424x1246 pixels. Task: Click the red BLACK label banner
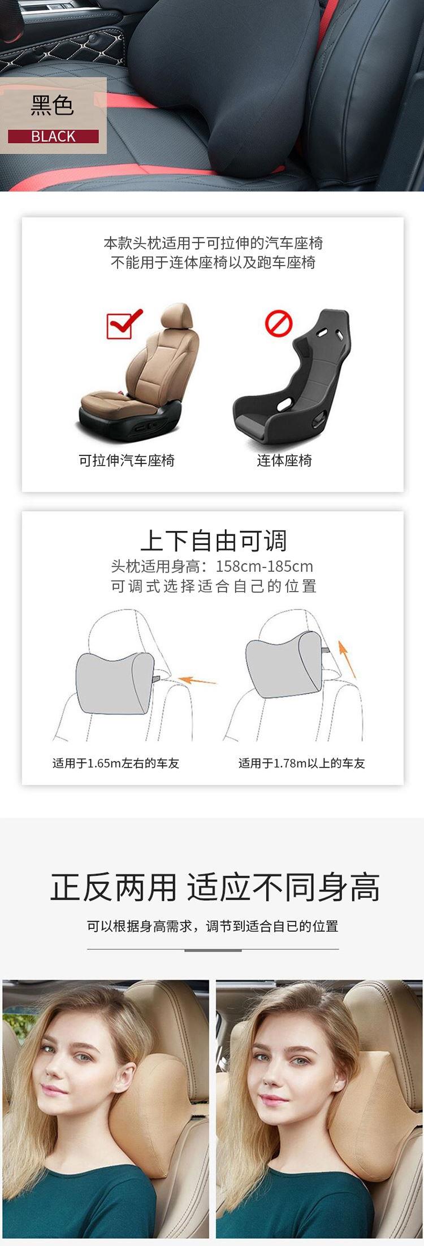[x=53, y=136]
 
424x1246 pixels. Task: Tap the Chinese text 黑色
[x=53, y=106]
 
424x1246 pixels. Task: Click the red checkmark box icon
[x=123, y=324]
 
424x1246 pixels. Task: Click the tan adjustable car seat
[x=141, y=374]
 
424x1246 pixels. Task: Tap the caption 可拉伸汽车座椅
[x=127, y=461]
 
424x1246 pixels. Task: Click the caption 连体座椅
[x=284, y=461]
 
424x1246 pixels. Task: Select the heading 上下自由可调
[x=214, y=541]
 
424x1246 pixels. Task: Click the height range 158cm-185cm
[x=265, y=566]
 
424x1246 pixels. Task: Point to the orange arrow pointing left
[x=197, y=680]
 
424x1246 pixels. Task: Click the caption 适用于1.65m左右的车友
[x=116, y=763]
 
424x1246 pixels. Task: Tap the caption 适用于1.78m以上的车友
[x=302, y=763]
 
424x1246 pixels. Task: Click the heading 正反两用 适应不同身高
[x=215, y=888]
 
